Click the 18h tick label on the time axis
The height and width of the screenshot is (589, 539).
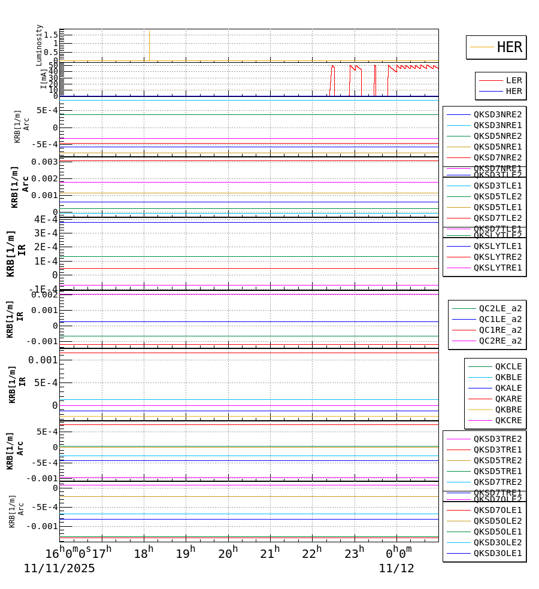click(144, 553)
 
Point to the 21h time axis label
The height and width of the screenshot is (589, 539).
click(270, 553)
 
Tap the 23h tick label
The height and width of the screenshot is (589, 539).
click(355, 553)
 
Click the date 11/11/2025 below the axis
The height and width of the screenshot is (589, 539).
click(59, 569)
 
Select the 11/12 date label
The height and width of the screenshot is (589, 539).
click(396, 569)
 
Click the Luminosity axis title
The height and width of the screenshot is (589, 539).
click(40, 45)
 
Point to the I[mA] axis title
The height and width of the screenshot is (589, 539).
click(44, 78)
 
